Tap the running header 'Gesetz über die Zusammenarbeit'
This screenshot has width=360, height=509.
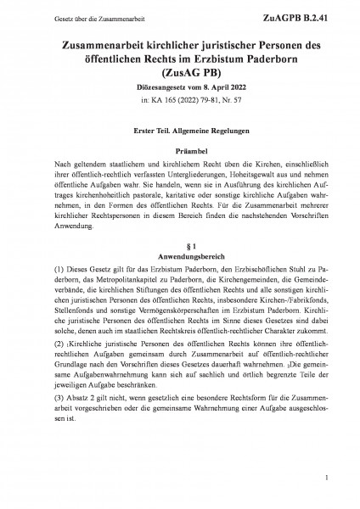(72, 16)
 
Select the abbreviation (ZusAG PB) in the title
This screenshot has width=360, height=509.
(180, 73)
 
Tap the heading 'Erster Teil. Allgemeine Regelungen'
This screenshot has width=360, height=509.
(180, 130)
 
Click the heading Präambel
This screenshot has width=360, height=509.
(180, 149)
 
